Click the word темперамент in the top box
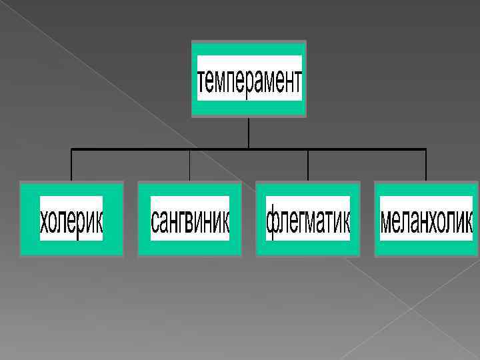tap(249, 79)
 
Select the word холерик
tap(71, 219)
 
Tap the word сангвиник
tap(190, 219)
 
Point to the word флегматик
tap(308, 219)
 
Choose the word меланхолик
tap(426, 219)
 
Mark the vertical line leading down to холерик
tap(71, 165)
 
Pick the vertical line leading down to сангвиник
tap(190, 165)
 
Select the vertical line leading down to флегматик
tap(308, 165)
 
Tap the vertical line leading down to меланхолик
tap(426, 165)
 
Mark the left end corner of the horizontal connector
tap(71, 148)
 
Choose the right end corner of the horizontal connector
tap(426, 148)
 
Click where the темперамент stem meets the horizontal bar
tap(249, 148)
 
